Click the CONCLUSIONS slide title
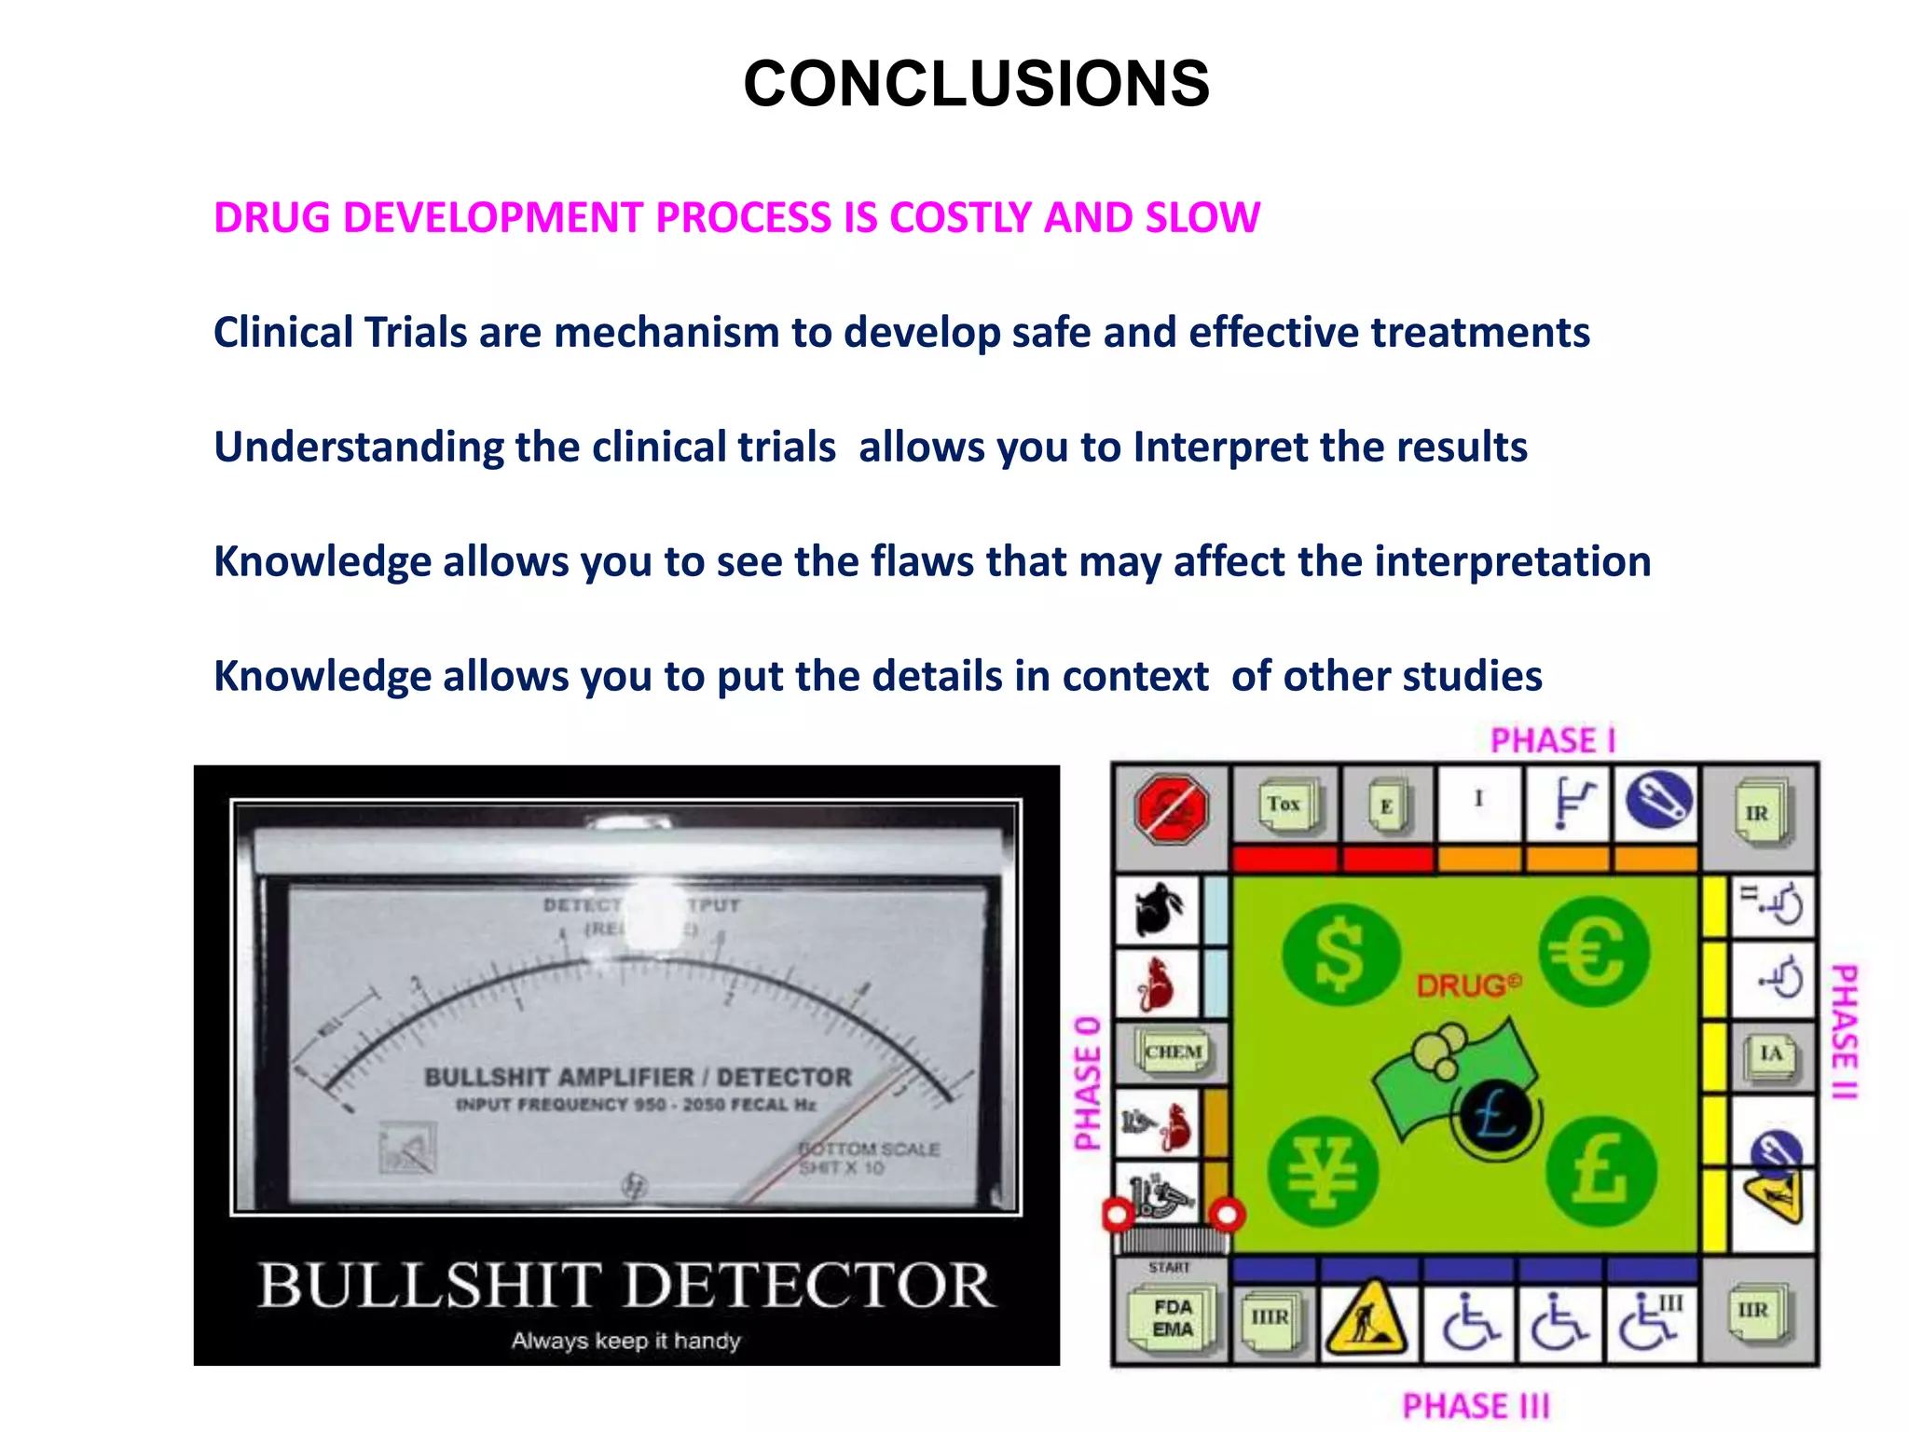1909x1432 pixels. point(976,84)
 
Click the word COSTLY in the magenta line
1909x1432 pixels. point(960,218)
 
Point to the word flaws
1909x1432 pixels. point(922,562)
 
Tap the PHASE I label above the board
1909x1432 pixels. point(1553,741)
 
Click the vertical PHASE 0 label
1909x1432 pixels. point(1088,1083)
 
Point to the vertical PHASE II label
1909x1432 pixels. point(1845,1031)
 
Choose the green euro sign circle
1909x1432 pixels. point(1593,952)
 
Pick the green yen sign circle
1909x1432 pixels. point(1324,1171)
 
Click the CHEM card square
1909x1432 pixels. point(1173,1053)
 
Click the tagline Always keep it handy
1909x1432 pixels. point(625,1341)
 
